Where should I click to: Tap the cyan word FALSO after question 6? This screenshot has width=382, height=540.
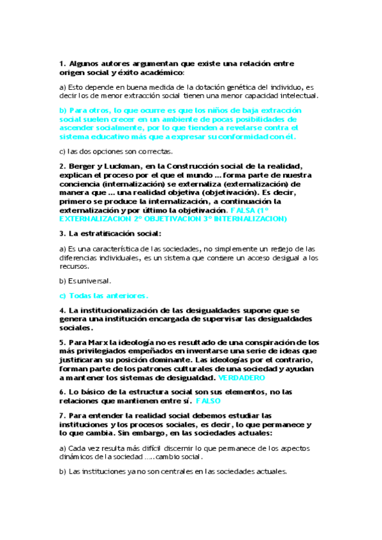pos(208,402)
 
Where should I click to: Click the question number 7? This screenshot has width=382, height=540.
pos(61,415)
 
